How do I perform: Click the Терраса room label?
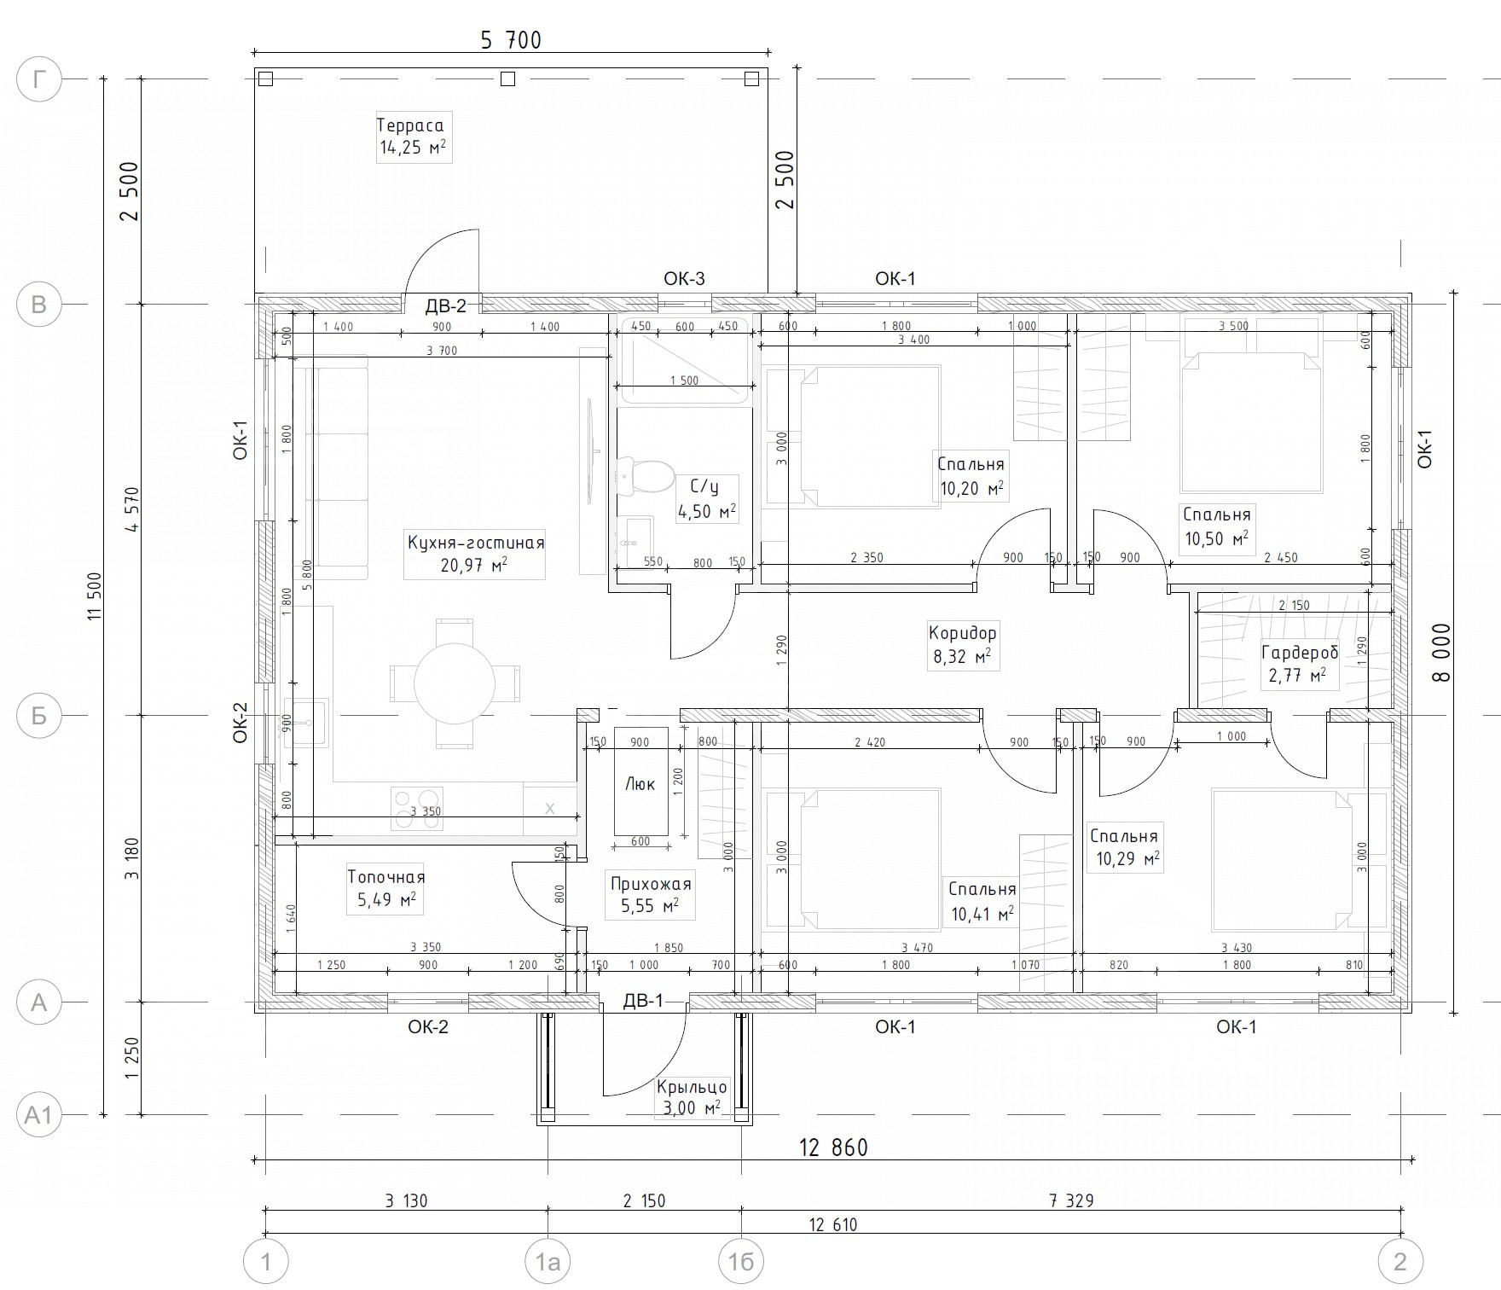pyautogui.click(x=410, y=125)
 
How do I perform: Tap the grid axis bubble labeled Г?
pyautogui.click(x=38, y=80)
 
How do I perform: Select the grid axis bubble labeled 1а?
pyautogui.click(x=548, y=1260)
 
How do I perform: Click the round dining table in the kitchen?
pyautogui.click(x=455, y=683)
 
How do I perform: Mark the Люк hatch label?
pyautogui.click(x=640, y=783)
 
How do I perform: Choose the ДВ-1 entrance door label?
pyautogui.click(x=643, y=1001)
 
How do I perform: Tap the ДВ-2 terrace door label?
pyautogui.click(x=446, y=305)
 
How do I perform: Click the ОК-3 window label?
pyautogui.click(x=684, y=278)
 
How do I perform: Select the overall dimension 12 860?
pyautogui.click(x=833, y=1147)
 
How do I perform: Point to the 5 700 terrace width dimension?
pyautogui.click(x=511, y=40)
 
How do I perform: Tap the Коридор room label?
pyautogui.click(x=962, y=633)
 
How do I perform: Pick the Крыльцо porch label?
pyautogui.click(x=692, y=1087)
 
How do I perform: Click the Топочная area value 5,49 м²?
pyautogui.click(x=385, y=899)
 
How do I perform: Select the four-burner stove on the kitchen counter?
pyautogui.click(x=417, y=809)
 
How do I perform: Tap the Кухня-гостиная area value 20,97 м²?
pyautogui.click(x=474, y=565)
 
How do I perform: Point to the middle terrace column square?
pyautogui.click(x=507, y=79)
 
